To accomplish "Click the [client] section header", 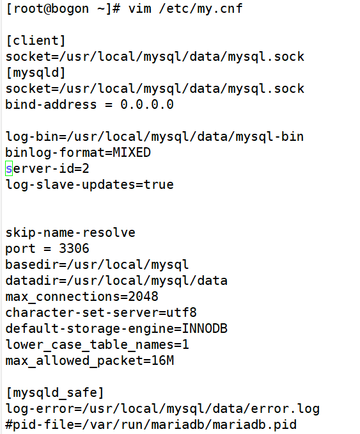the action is click(x=36, y=41).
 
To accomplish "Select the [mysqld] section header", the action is click(x=36, y=73).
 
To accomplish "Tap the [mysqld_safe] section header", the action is click(x=55, y=393).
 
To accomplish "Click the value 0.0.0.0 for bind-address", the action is click(x=147, y=104).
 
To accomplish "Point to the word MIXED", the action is click(x=132, y=152).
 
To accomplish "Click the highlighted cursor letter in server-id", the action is click(x=9, y=168).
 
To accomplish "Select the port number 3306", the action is click(x=74, y=248).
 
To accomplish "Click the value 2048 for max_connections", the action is click(x=143, y=296).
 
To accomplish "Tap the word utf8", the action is click(x=182, y=312).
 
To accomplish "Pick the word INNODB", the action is click(x=205, y=328).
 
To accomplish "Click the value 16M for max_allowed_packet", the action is click(x=162, y=360).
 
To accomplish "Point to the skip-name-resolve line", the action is click(x=70, y=233).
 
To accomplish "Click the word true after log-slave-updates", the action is click(x=159, y=184).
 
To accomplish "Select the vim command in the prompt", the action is click(x=140, y=8).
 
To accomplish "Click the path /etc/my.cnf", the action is click(x=201, y=8).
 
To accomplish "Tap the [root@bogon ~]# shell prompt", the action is click(x=63, y=9).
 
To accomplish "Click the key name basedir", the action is click(x=32, y=264).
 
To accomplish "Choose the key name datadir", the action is click(x=32, y=280).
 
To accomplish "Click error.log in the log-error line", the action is click(x=285, y=409).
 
